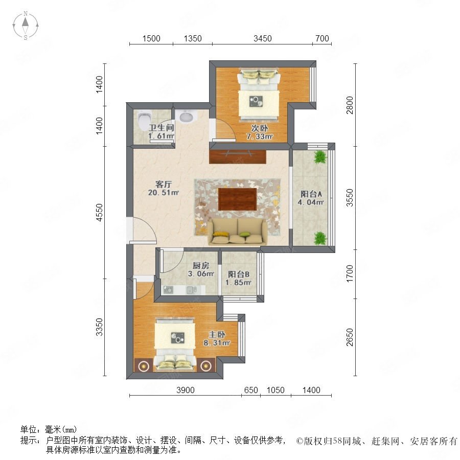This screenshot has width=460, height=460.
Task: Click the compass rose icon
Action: point(26,26)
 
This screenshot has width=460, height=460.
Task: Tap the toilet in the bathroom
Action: point(144,121)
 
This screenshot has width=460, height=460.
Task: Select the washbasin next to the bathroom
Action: point(186,116)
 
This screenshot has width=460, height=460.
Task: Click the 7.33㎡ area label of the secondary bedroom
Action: point(260,136)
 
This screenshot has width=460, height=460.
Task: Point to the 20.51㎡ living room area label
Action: point(164,193)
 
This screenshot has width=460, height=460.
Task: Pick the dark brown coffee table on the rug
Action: point(237,199)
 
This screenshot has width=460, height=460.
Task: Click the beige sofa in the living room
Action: point(238,232)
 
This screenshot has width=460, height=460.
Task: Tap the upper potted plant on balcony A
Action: point(320,157)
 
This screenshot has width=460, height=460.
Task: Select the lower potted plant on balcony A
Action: point(320,238)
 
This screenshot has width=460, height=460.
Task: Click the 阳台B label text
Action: point(239,274)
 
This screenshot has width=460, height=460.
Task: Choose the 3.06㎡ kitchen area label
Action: point(201,274)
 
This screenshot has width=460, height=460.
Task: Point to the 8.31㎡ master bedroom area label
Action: point(217,342)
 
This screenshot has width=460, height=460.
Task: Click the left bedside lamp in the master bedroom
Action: point(144,365)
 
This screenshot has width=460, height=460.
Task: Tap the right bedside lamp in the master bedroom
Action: point(206,365)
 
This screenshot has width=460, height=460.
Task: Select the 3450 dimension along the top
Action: point(263,38)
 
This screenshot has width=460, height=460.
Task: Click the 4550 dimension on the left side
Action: point(100,213)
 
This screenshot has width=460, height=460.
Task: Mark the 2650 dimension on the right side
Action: point(350,337)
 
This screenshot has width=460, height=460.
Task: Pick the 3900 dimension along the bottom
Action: point(186,390)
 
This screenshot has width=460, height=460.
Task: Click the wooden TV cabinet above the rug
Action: point(238,157)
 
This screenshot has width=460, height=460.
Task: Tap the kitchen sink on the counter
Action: point(191,290)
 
